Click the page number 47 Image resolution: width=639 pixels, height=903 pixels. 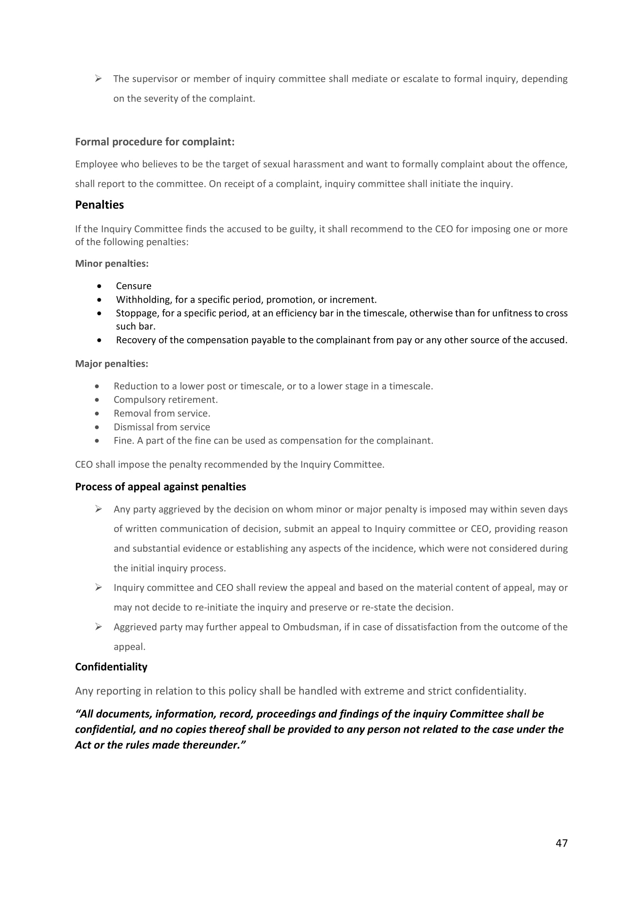click(x=561, y=843)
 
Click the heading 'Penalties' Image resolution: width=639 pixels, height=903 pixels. click(x=99, y=205)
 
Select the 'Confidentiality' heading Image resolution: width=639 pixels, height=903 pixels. click(x=111, y=666)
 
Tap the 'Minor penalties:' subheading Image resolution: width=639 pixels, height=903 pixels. click(x=112, y=264)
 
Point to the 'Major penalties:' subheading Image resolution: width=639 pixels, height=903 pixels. click(x=111, y=364)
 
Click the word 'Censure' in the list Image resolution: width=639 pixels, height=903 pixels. click(x=133, y=286)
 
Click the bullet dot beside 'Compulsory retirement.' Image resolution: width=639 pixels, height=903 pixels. click(x=97, y=400)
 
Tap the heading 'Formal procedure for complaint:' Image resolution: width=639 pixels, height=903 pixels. click(x=155, y=142)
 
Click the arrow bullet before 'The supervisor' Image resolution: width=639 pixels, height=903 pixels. click(x=98, y=79)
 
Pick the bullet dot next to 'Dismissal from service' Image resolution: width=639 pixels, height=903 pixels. click(x=97, y=427)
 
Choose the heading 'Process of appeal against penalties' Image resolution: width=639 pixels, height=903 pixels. click(x=161, y=487)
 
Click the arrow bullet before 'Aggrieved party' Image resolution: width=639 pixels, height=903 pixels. click(x=98, y=627)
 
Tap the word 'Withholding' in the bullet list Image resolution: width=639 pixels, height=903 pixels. click(x=144, y=300)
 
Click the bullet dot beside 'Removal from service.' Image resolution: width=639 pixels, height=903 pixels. click(x=97, y=413)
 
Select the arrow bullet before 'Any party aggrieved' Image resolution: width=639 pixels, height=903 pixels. click(x=98, y=509)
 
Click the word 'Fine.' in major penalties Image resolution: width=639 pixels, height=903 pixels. click(x=124, y=440)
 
